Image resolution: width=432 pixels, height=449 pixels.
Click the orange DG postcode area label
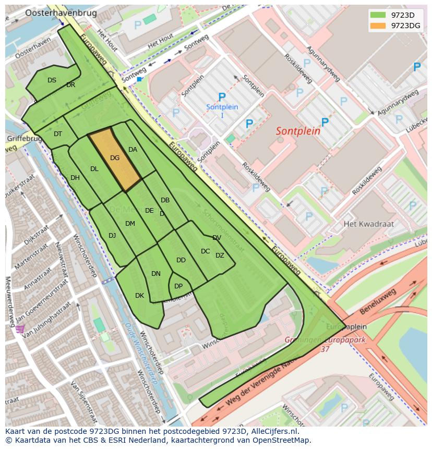(x=115, y=157)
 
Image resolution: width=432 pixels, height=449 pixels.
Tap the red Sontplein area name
(x=298, y=131)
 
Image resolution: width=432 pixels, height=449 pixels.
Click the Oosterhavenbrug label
(x=54, y=13)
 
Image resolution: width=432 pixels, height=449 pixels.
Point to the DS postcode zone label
(x=52, y=80)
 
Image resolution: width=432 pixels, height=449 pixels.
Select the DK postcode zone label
(x=139, y=296)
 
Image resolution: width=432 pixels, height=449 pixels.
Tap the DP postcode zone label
(x=178, y=286)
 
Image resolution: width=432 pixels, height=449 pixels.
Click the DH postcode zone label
(x=75, y=178)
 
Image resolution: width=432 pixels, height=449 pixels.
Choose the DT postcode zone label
(x=58, y=134)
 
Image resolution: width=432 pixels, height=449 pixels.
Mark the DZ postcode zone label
(x=220, y=256)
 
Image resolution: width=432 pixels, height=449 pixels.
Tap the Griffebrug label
(x=23, y=139)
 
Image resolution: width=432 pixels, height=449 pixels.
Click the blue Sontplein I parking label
(x=222, y=111)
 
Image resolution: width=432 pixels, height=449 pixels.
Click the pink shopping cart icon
(x=19, y=329)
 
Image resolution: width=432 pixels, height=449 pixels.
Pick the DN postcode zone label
(x=156, y=273)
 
